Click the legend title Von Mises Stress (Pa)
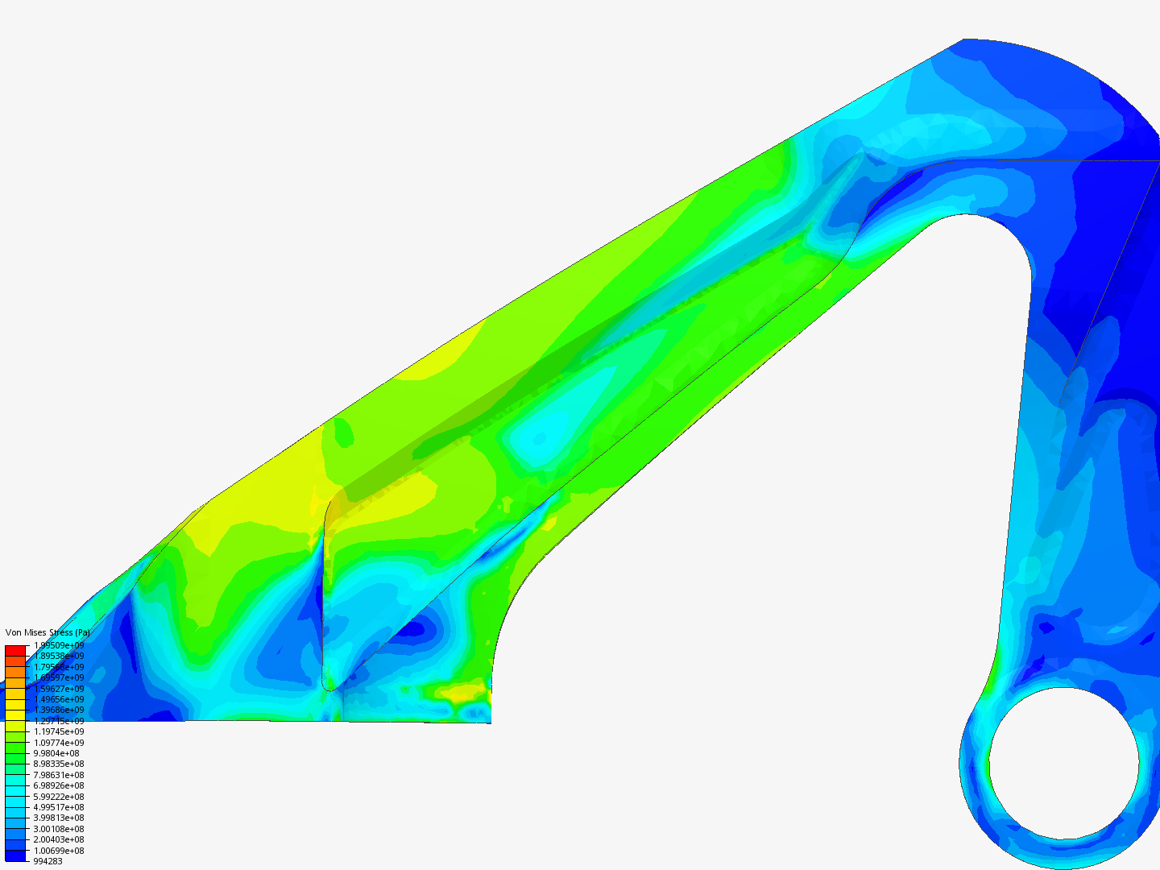48,633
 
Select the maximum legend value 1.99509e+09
59,645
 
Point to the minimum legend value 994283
48,861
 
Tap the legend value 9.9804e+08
56,753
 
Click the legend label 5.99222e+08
59,797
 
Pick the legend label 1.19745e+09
59,731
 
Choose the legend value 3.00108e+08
59,829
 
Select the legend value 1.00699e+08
59,851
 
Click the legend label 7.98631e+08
59,775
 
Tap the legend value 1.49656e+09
59,699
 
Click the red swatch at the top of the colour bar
15,650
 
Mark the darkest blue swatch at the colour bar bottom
15,855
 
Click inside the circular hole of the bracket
1063,763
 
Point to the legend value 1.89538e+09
59,656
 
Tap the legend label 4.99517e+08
59,807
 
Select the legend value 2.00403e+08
59,839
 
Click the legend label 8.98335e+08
59,764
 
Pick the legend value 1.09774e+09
59,743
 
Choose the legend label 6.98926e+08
59,785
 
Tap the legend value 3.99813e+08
59,818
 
